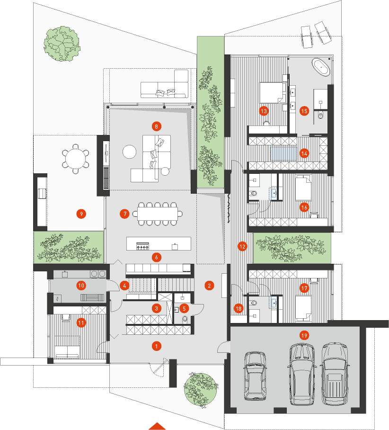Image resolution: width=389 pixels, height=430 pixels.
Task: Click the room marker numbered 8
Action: coord(156,126)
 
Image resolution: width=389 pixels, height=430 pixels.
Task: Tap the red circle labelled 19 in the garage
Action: coord(304,335)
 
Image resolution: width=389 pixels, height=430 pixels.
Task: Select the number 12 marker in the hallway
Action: coord(242,246)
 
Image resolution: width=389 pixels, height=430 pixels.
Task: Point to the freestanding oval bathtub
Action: coord(320,67)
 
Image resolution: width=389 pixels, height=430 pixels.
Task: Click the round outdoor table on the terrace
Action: coord(76,159)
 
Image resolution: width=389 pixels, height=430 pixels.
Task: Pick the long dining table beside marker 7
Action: coord(158,214)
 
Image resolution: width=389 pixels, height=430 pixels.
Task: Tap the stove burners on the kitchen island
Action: coord(143,246)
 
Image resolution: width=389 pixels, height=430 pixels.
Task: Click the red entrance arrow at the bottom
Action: coord(157,426)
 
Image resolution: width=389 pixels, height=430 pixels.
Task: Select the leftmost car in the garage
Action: coord(255,376)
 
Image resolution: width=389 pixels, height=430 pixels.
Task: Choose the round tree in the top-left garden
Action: coord(62,44)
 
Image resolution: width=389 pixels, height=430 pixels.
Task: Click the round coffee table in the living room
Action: coord(129,152)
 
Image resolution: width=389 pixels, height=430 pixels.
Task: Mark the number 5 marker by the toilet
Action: coord(184,308)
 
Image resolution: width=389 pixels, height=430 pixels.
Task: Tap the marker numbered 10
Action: coord(81,286)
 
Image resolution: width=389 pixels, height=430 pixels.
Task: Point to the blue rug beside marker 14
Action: coord(284,153)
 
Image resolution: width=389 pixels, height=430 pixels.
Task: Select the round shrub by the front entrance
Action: coord(201,389)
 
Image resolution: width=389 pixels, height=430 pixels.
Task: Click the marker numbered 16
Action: coord(304,207)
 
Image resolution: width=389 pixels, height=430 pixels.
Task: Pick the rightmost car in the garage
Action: coord(335,374)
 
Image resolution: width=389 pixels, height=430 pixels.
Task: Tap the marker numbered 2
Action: coord(209,286)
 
